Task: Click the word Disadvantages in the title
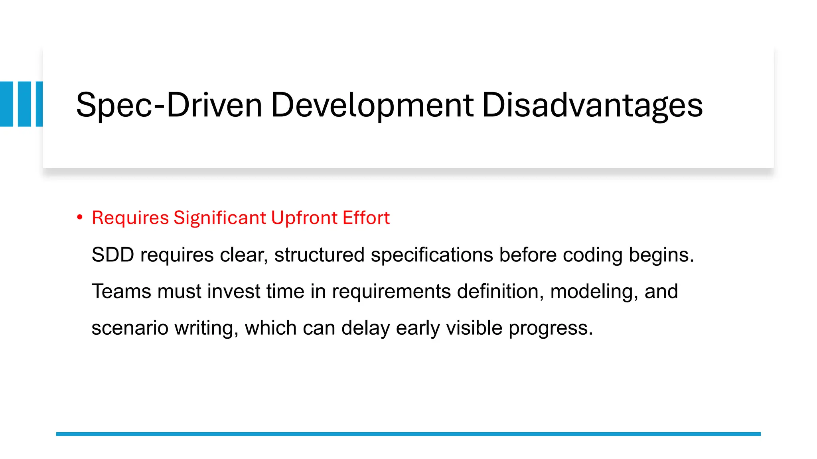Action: pyautogui.click(x=592, y=105)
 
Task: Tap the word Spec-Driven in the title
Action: pyautogui.click(x=169, y=105)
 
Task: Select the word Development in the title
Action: pyautogui.click(x=372, y=105)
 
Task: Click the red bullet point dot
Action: pyautogui.click(x=80, y=218)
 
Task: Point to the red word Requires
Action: pyautogui.click(x=130, y=218)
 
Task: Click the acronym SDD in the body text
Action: pyautogui.click(x=113, y=255)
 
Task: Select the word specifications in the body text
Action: pyautogui.click(x=432, y=255)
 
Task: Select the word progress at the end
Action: pyautogui.click(x=551, y=328)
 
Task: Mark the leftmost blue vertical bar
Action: pyautogui.click(x=6, y=104)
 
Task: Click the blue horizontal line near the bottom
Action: pyautogui.click(x=408, y=434)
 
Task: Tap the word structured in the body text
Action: pyautogui.click(x=319, y=255)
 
